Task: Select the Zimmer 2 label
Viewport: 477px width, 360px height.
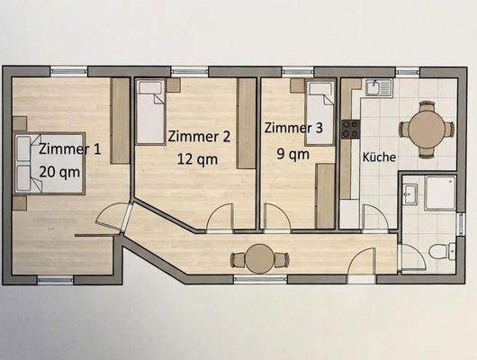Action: point(199,137)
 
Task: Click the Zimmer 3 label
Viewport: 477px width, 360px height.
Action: point(293,129)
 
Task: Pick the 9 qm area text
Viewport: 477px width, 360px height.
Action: point(292,153)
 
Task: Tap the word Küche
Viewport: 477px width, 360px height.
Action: point(379,157)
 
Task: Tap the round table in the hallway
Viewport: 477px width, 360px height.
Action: point(260,258)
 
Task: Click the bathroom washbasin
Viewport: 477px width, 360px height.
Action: point(409,192)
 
